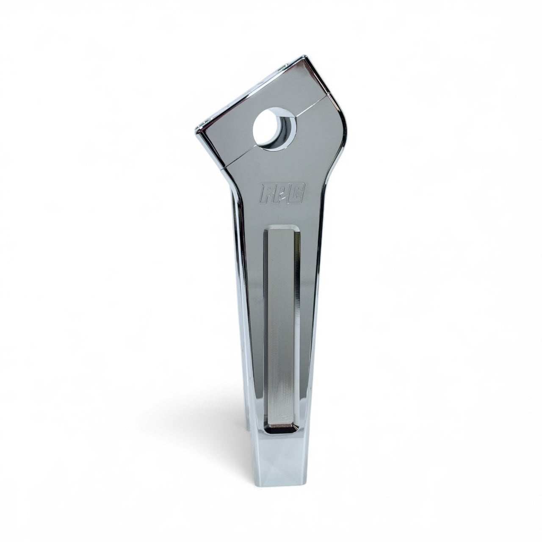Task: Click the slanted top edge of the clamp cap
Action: tap(250, 93)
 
